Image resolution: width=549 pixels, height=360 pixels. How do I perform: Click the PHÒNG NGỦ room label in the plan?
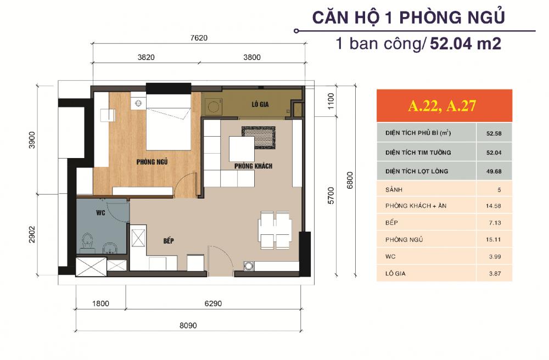tap(153, 162)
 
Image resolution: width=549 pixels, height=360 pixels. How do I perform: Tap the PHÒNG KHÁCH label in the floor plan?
tap(253, 165)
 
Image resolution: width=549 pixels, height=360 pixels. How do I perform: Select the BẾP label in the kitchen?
tap(169, 240)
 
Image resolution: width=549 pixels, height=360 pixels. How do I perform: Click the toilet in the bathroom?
tap(87, 242)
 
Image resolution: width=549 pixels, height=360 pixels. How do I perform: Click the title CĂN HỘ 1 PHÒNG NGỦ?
tap(408, 17)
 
